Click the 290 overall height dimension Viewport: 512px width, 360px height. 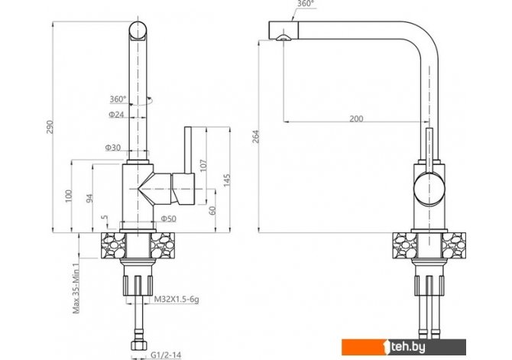tap(50, 127)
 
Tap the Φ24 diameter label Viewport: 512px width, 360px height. tap(116, 115)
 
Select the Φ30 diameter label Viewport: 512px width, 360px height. tap(112, 148)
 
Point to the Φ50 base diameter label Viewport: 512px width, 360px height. tap(168, 219)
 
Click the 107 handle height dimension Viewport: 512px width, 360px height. tap(203, 166)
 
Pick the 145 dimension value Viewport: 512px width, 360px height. tap(227, 180)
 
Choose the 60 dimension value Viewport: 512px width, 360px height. tap(212, 210)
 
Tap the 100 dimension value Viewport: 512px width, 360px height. tap(68, 196)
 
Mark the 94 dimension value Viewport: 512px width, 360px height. tap(89, 198)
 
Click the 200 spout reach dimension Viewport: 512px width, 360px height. tap(356, 118)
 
